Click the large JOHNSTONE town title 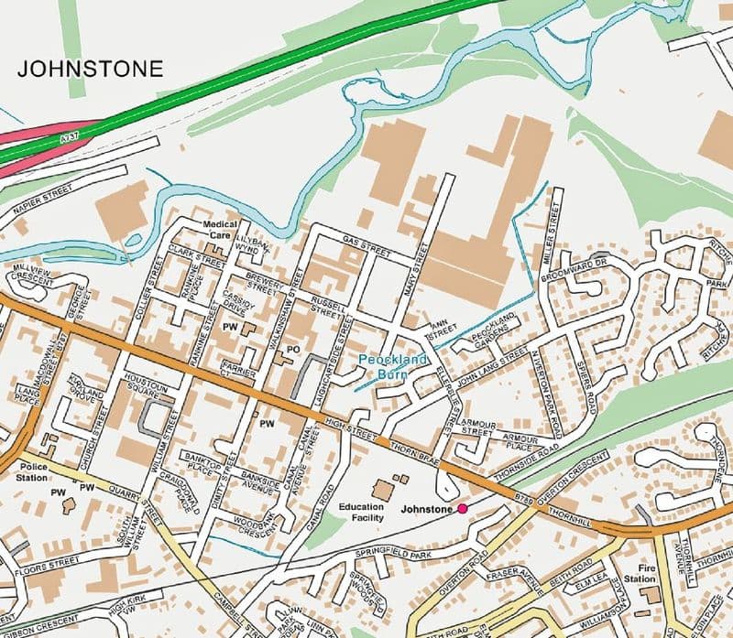coord(91,69)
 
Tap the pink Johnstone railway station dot coord(463,508)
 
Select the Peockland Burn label coord(393,367)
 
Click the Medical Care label coord(220,229)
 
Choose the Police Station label coord(31,471)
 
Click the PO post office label coord(294,349)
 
